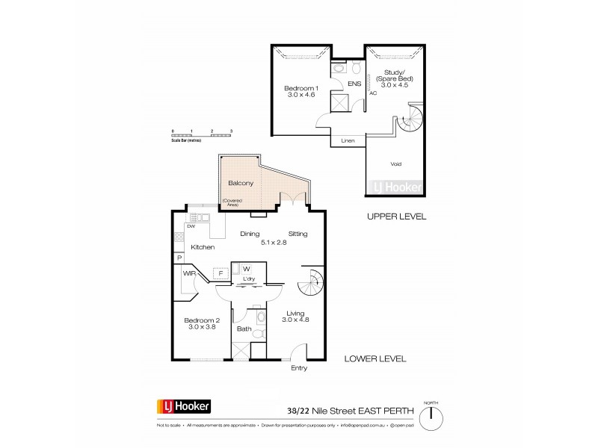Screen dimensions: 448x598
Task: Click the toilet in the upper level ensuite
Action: (x=340, y=67)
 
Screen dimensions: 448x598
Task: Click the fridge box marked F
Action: (x=221, y=274)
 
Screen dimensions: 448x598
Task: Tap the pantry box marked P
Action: (x=180, y=258)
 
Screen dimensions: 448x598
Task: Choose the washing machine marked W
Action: (x=246, y=269)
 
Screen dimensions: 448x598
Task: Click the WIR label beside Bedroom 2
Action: (x=188, y=273)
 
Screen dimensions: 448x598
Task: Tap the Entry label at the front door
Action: (x=300, y=368)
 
